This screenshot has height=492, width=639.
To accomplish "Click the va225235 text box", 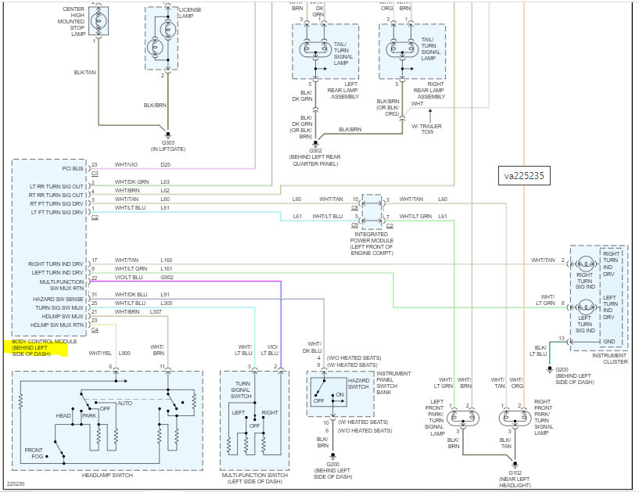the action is point(524,176).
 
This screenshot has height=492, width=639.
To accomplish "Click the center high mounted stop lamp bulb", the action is point(99,20).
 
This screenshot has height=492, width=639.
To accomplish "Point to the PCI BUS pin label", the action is point(73,168).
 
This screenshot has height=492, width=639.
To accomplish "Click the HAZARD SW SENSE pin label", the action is point(58,300).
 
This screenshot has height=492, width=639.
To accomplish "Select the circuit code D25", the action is point(166,165).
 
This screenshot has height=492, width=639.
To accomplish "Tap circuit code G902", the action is point(167,277).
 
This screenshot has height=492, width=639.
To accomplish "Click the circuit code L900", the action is point(124,353).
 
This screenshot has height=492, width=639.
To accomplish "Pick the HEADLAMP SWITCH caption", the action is point(107,476).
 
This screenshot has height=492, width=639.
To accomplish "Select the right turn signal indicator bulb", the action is point(586,264).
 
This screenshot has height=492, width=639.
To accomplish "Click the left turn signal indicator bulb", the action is point(586,307).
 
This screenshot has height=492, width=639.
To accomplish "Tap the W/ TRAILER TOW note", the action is point(427,129).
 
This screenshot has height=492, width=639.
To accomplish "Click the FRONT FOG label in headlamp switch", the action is point(34,453).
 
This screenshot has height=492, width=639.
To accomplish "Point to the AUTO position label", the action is point(124,403).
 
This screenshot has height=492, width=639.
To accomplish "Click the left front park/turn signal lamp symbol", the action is point(463,418).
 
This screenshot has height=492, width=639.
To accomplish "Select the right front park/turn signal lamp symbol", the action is point(515,418).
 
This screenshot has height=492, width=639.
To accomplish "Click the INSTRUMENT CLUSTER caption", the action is point(610,359).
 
